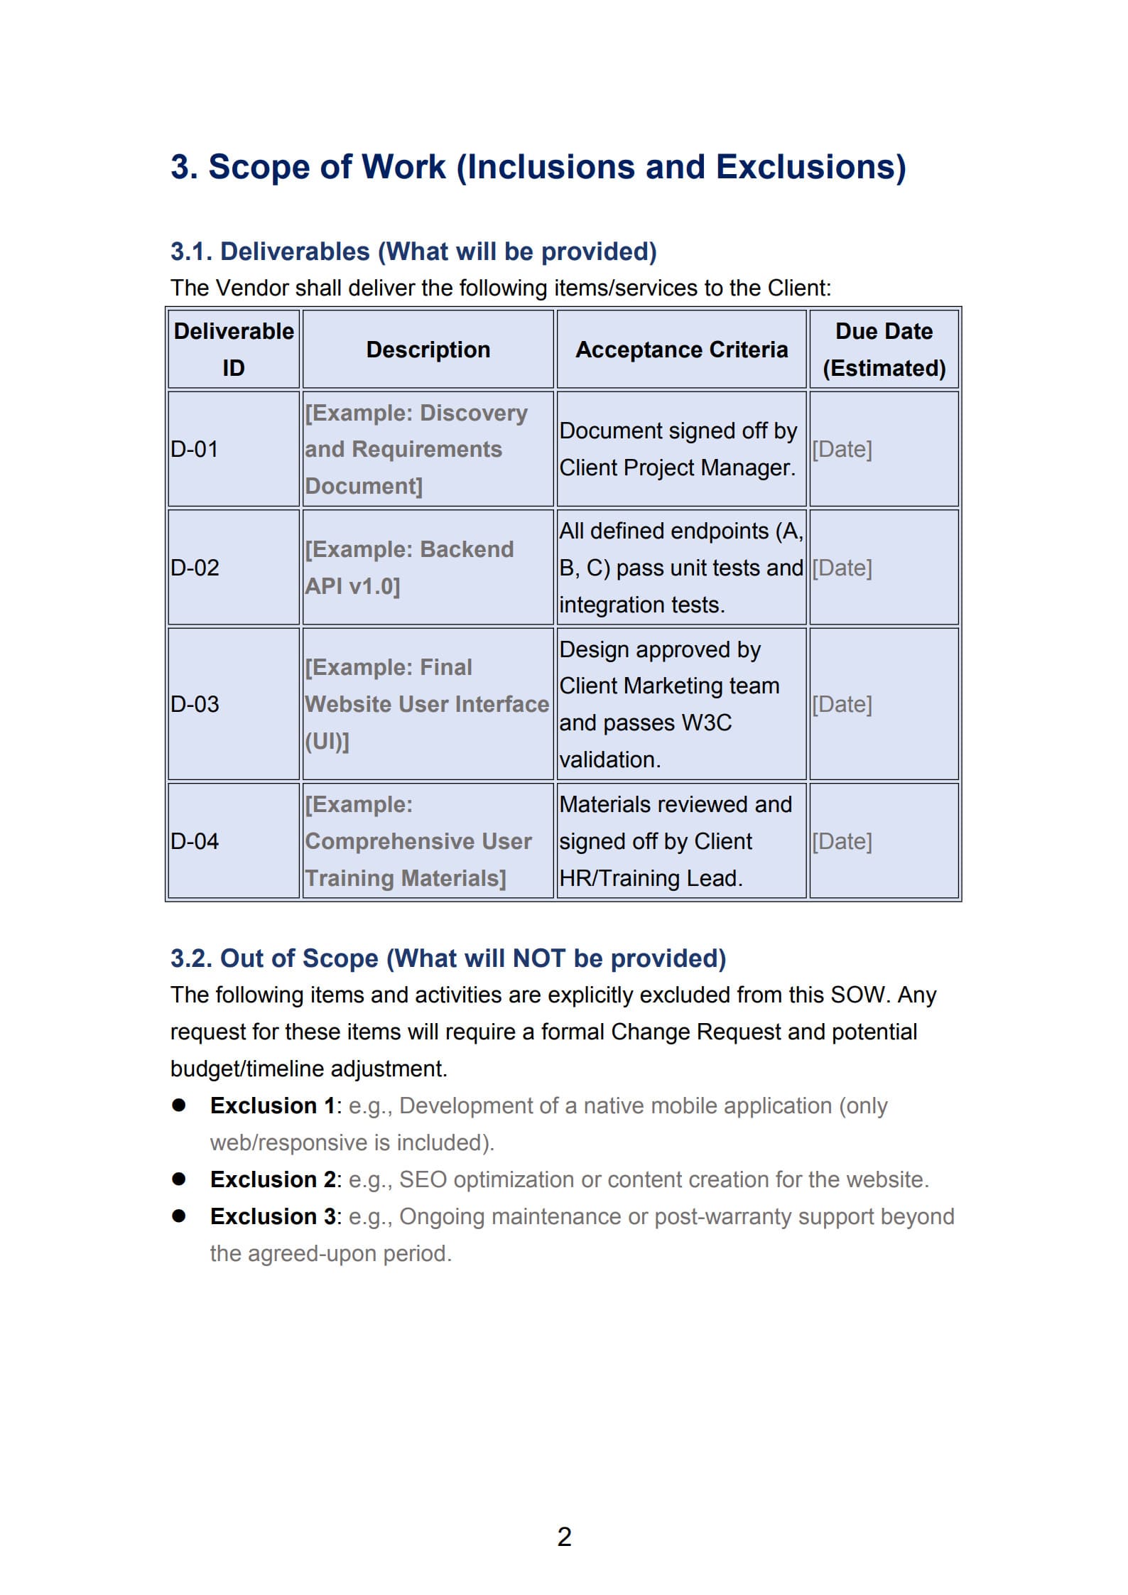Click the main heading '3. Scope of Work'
pyautogui.click(x=538, y=168)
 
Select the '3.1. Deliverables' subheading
pyautogui.click(x=413, y=252)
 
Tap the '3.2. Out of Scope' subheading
pyautogui.click(x=448, y=958)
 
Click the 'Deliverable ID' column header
pyautogui.click(x=234, y=350)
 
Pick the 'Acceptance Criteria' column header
pyautogui.click(x=681, y=350)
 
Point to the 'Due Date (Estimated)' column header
pyautogui.click(x=884, y=350)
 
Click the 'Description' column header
pyautogui.click(x=428, y=350)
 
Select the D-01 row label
pyautogui.click(x=194, y=449)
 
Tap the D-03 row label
pyautogui.click(x=195, y=704)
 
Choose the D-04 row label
pyautogui.click(x=195, y=841)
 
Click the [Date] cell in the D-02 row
pyautogui.click(x=842, y=568)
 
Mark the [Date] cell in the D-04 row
pyautogui.click(x=842, y=841)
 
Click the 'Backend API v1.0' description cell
pyautogui.click(x=409, y=568)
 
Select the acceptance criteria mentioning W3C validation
pyautogui.click(x=668, y=704)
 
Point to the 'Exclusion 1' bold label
pyautogui.click(x=272, y=1105)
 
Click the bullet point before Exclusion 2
pyautogui.click(x=179, y=1179)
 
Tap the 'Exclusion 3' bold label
pyautogui.click(x=273, y=1216)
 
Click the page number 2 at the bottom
pyautogui.click(x=564, y=1537)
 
